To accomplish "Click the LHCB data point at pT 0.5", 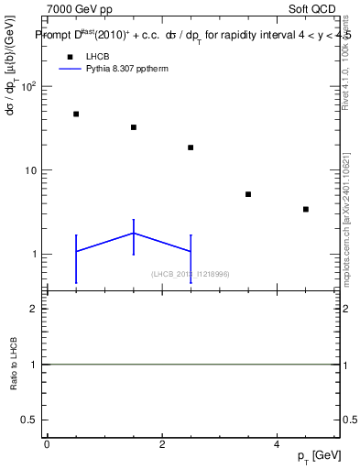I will pyautogui.click(x=76, y=115).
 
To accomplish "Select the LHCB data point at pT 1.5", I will pyautogui.click(x=134, y=127).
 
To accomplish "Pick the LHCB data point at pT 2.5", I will pyautogui.click(x=191, y=147).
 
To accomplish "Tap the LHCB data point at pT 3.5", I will pyautogui.click(x=248, y=194).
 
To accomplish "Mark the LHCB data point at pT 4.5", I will pyautogui.click(x=306, y=210).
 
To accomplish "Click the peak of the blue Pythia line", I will pyautogui.click(x=134, y=233).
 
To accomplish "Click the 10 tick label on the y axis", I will pyautogui.click(x=27, y=170).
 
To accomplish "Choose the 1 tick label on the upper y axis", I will pyautogui.click(x=32, y=255).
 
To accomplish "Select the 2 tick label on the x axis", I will pyautogui.click(x=162, y=445).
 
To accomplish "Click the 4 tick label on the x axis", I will pyautogui.click(x=277, y=445).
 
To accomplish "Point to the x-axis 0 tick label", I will pyautogui.click(x=47, y=445).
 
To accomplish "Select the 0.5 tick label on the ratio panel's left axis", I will pyautogui.click(x=28, y=420).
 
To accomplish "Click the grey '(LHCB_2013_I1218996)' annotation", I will pyautogui.click(x=190, y=274).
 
